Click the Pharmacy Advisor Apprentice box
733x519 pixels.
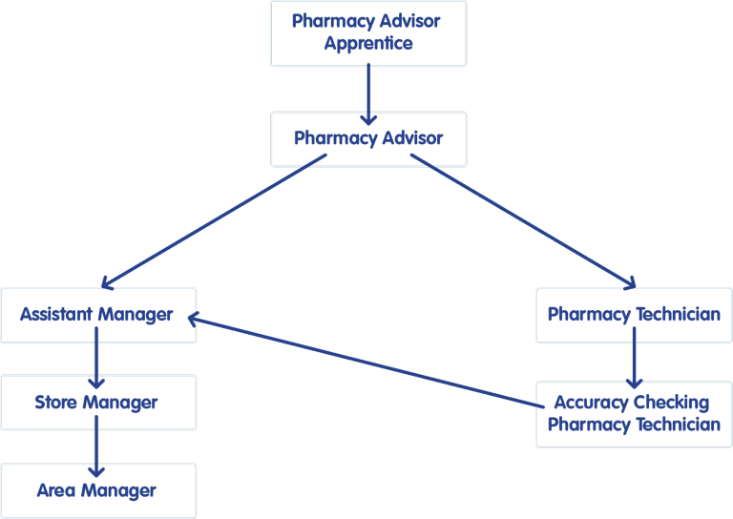pyautogui.click(x=368, y=33)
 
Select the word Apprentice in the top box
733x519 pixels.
pyautogui.click(x=368, y=44)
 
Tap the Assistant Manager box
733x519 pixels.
pyautogui.click(x=98, y=316)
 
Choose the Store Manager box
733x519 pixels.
pyautogui.click(x=98, y=403)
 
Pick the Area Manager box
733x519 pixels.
pyautogui.click(x=98, y=490)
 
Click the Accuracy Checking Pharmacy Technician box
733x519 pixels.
pyautogui.click(x=634, y=414)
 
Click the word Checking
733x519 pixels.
pyautogui.click(x=671, y=404)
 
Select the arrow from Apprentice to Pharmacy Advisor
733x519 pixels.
pyautogui.click(x=368, y=94)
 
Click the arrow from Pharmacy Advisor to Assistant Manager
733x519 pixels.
pyautogui.click(x=214, y=221)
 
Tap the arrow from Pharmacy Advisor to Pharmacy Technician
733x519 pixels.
pyautogui.click(x=523, y=221)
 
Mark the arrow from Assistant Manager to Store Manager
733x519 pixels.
pyautogui.click(x=96, y=358)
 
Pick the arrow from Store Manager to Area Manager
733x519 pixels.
pyautogui.click(x=96, y=446)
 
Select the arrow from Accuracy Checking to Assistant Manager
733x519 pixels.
pyautogui.click(x=366, y=361)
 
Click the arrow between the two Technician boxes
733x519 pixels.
pyautogui.click(x=634, y=358)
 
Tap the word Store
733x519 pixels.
pyautogui.click(x=56, y=403)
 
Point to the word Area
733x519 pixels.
pyautogui.click(x=56, y=490)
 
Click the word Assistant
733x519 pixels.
pyautogui.click(x=56, y=315)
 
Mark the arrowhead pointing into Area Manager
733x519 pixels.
pyautogui.click(x=96, y=472)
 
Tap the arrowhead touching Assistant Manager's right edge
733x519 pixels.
pyautogui.click(x=193, y=319)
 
